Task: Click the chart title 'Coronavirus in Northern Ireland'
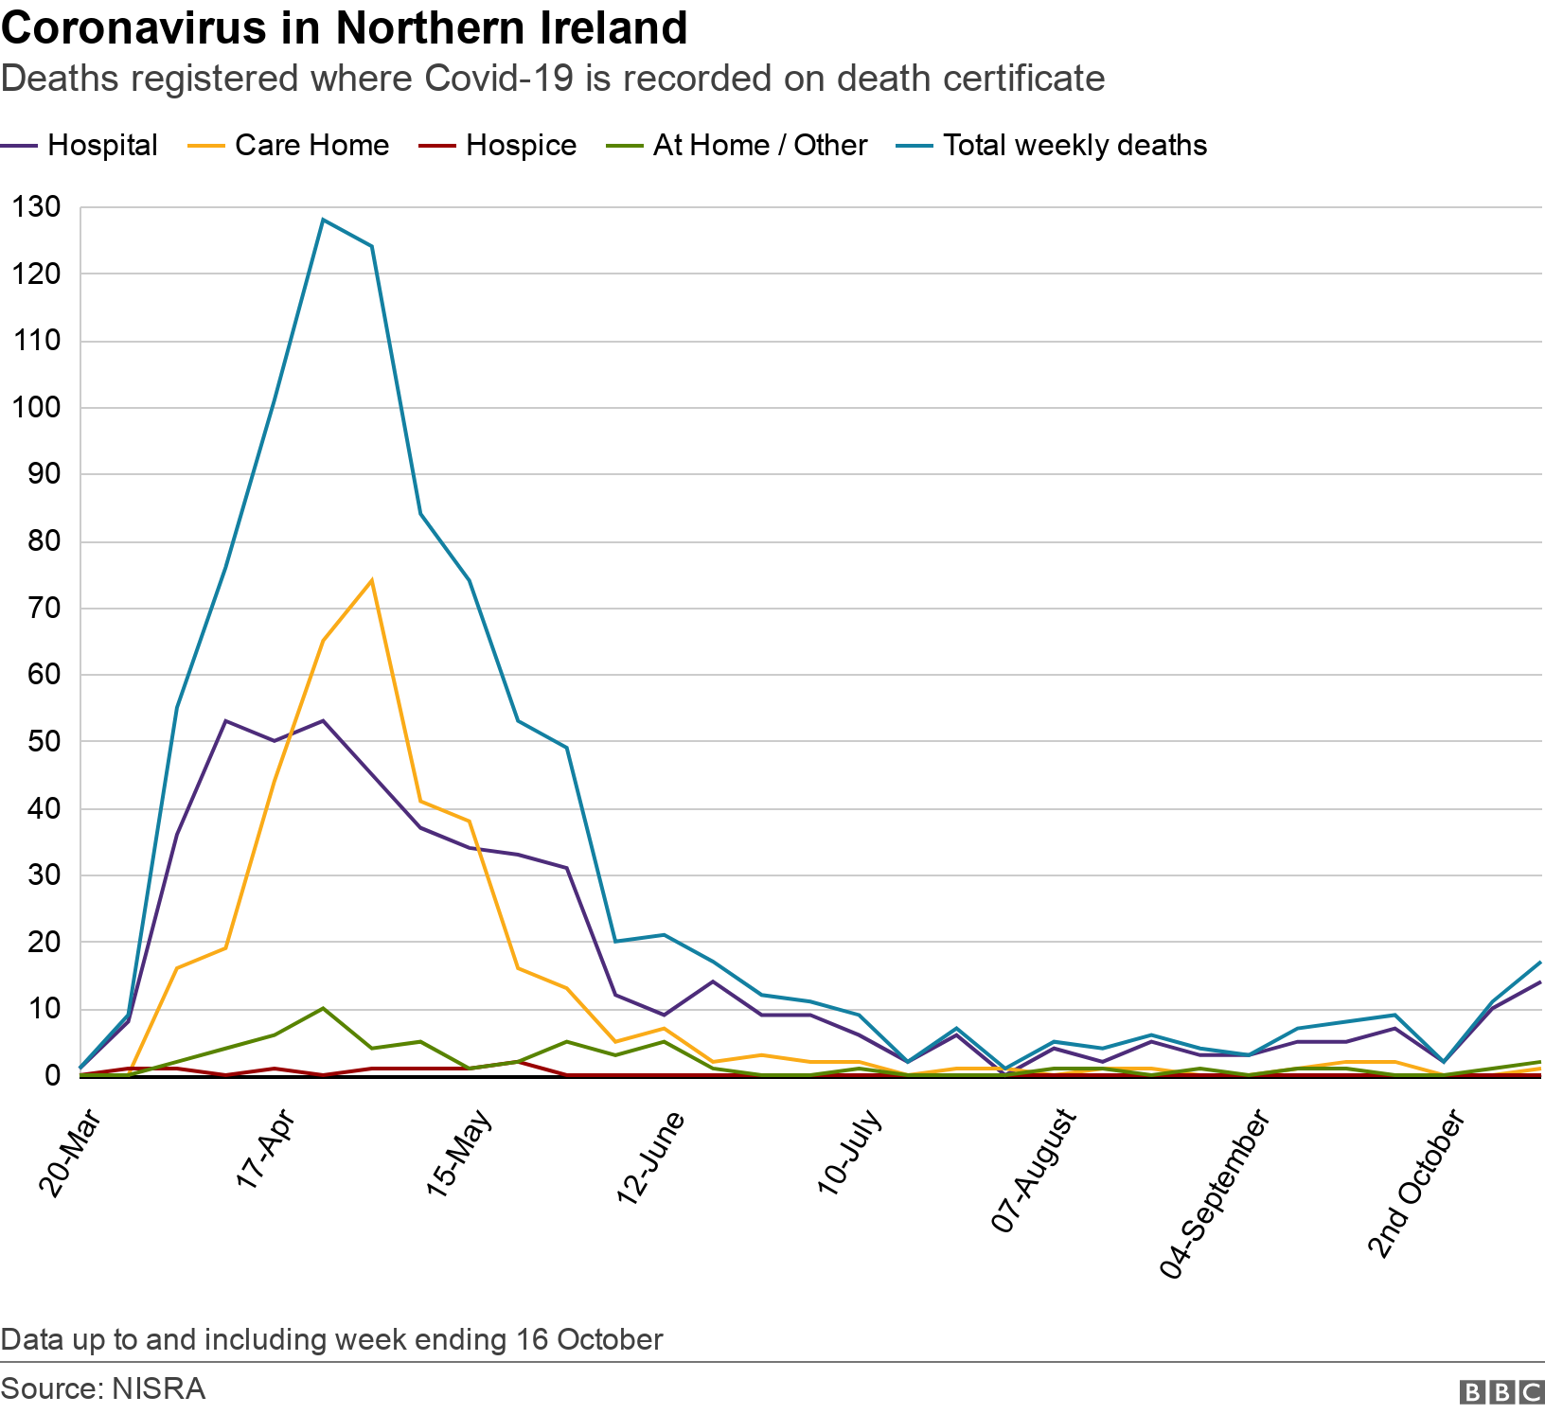[344, 28]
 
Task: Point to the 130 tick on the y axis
[36, 206]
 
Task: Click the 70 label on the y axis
[44, 608]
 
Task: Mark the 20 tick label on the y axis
[44, 942]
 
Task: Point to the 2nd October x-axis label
[1417, 1184]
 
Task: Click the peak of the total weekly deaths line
[323, 221]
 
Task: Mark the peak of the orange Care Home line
[371, 580]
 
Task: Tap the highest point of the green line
[323, 1009]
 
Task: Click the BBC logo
[1501, 1391]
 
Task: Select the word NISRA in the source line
[158, 1388]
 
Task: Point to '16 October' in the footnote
[590, 1339]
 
